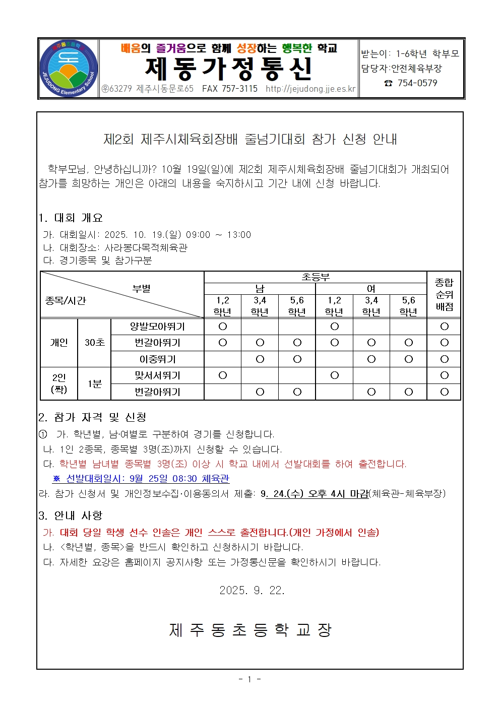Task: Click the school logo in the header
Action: tap(69, 69)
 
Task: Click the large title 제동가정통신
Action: tap(229, 69)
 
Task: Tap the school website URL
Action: tap(310, 89)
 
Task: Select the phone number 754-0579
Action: tap(417, 83)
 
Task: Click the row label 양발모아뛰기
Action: tap(157, 327)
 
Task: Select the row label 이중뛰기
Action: tap(157, 359)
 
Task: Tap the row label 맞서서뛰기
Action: tap(157, 375)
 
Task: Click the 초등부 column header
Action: tap(316, 277)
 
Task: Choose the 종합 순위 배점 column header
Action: tap(444, 294)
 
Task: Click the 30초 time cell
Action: tap(94, 343)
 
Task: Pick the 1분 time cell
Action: tap(94, 384)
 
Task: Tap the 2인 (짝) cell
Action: tap(59, 383)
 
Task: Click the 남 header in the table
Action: tap(260, 289)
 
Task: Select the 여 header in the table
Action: tap(371, 289)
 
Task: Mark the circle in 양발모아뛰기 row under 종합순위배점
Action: tap(444, 327)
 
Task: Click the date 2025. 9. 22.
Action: tap(252, 590)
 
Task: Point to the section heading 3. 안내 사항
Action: tap(71, 516)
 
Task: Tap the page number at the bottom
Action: tap(250, 679)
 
